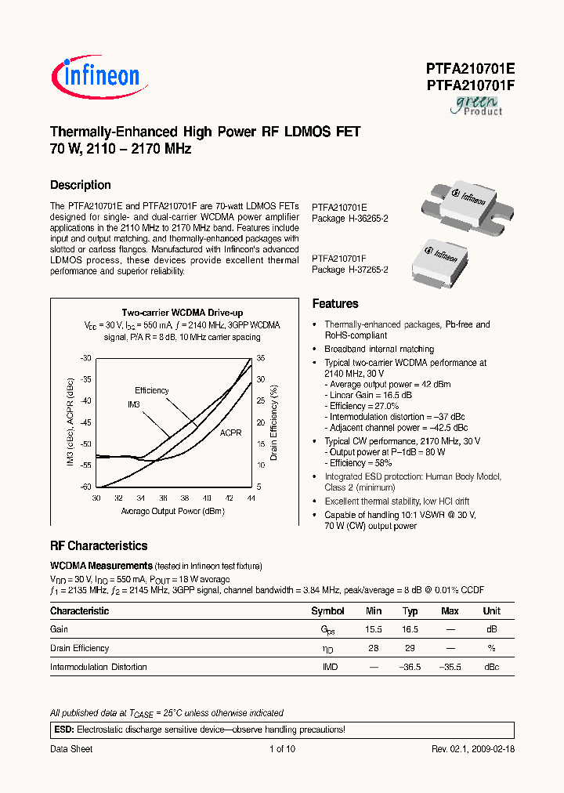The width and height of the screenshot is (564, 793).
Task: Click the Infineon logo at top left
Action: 96,75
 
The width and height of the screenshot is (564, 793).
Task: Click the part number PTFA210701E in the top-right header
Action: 470,68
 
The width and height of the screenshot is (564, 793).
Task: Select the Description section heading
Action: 80,185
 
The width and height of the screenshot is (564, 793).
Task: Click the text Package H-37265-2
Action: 350,270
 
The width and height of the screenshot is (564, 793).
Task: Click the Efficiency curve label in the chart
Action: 151,390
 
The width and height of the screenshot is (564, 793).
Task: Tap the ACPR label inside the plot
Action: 230,432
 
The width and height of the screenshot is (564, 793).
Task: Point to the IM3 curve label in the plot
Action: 134,404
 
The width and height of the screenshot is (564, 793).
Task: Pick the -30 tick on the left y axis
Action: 85,358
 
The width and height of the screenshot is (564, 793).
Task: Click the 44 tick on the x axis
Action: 251,498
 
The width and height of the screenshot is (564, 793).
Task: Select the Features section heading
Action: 335,304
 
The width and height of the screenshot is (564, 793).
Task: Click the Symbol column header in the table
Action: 327,611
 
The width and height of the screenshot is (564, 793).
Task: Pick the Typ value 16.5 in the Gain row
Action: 410,629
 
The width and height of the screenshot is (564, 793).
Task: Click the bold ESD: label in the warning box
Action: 62,729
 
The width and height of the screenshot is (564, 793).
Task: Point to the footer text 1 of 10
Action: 281,749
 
